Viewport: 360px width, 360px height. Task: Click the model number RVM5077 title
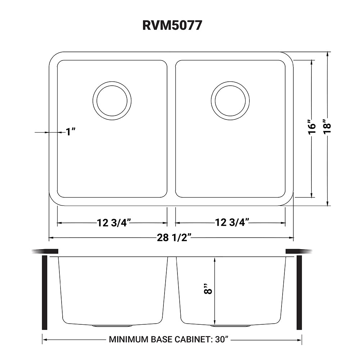pos(172,25)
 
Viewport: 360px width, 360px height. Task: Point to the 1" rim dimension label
pos(71,132)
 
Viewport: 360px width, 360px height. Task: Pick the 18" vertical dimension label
pos(327,126)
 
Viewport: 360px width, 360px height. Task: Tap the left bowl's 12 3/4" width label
pos(114,223)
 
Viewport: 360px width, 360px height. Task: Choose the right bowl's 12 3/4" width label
pos(232,222)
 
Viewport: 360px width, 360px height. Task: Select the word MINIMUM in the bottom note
pos(125,339)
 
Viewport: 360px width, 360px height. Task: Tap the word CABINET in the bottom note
pos(193,339)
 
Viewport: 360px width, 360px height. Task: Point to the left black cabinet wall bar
pos(45,292)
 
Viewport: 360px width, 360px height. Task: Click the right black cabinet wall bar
pos(299,292)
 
